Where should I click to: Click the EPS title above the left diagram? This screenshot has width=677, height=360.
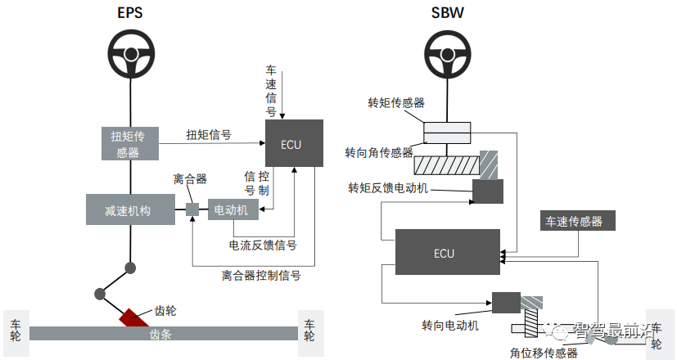[x=130, y=13]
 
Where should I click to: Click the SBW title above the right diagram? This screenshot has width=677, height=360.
[x=447, y=13]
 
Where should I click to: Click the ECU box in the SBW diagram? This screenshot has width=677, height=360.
[x=447, y=252]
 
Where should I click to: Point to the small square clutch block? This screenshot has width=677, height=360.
[x=192, y=209]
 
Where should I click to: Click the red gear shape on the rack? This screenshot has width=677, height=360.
[x=133, y=317]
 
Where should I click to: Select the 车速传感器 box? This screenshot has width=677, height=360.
[x=575, y=220]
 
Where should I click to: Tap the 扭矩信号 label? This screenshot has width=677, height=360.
[x=208, y=134]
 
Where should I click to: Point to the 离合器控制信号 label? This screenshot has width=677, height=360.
[x=261, y=276]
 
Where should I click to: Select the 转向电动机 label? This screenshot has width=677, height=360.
[x=445, y=325]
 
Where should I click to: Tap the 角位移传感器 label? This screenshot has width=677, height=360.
[x=544, y=353]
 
